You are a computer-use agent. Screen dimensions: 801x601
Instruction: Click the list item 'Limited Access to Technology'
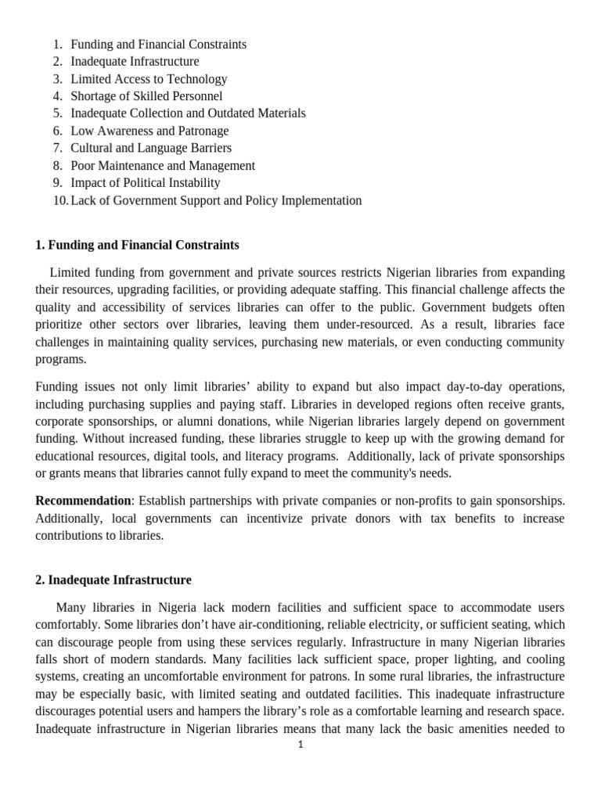pos(149,79)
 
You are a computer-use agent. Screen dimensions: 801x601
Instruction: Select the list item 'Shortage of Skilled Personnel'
pos(146,96)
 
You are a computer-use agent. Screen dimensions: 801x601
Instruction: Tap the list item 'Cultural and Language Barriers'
pos(151,148)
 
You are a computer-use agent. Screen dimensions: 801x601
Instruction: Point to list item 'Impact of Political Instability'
pos(146,182)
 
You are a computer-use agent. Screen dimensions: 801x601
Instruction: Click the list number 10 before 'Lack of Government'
pos(60,200)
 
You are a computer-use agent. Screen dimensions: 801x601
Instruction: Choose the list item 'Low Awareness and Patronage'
pos(149,131)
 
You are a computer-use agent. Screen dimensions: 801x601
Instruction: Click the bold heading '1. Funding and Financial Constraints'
pos(137,246)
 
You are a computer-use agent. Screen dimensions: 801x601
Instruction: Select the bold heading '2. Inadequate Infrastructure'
pos(113,580)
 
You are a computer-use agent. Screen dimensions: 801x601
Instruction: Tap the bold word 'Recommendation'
pos(83,501)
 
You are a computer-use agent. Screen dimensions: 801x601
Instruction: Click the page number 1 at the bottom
pos(300,745)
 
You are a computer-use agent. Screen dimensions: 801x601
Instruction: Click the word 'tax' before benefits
pos(410,518)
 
